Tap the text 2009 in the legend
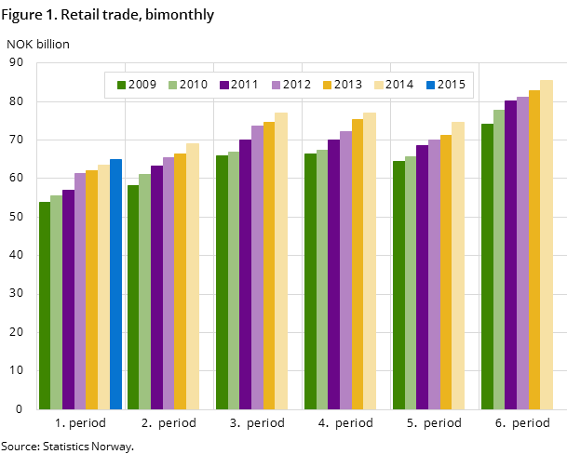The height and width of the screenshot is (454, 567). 142,85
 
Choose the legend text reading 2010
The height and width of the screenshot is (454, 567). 194,85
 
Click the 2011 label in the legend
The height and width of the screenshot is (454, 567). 245,85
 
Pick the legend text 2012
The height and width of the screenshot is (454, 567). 297,85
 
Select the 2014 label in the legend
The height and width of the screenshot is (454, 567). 399,85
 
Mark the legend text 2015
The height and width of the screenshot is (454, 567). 452,85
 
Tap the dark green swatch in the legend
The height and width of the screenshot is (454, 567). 122,85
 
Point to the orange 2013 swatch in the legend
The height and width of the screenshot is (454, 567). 328,85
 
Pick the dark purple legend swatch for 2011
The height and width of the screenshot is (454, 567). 224,85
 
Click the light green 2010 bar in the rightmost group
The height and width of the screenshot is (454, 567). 499,260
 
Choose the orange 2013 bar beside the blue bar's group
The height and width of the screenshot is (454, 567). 91,289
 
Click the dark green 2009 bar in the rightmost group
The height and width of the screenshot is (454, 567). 487,266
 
